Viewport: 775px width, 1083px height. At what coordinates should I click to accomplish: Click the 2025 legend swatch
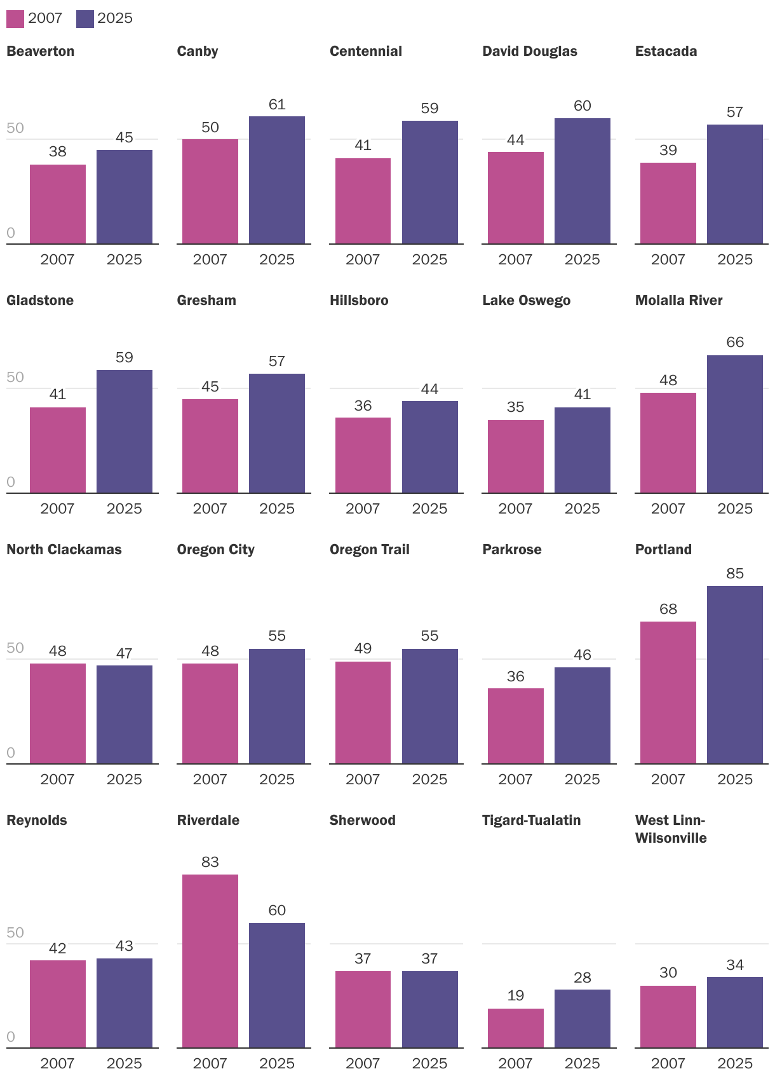pyautogui.click(x=84, y=18)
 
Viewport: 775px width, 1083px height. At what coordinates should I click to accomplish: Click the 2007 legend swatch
pyautogui.click(x=15, y=18)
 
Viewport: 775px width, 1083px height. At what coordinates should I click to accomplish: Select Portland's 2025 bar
pyautogui.click(x=734, y=674)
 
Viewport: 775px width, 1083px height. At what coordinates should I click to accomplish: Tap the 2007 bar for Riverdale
pyautogui.click(x=210, y=961)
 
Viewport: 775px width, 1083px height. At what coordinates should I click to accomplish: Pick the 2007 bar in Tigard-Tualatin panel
pyautogui.click(x=515, y=1028)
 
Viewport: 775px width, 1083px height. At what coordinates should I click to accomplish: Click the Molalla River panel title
pyautogui.click(x=678, y=300)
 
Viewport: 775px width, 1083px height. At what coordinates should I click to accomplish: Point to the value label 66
pyautogui.click(x=735, y=343)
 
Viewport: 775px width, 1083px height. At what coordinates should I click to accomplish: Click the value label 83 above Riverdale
pyautogui.click(x=210, y=862)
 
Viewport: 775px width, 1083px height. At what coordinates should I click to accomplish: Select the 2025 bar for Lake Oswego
pyautogui.click(x=582, y=450)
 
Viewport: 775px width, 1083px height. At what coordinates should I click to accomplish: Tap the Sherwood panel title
pyautogui.click(x=362, y=820)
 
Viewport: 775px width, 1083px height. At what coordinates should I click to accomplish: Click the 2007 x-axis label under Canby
pyautogui.click(x=210, y=259)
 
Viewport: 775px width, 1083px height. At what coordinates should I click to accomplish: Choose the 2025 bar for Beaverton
pyautogui.click(x=125, y=196)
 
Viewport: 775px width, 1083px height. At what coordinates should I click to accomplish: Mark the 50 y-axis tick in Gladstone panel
pyautogui.click(x=15, y=377)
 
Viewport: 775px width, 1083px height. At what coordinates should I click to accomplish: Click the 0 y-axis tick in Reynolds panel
pyautogui.click(x=11, y=1037)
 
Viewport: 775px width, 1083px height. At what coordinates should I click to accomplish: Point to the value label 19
pyautogui.click(x=515, y=995)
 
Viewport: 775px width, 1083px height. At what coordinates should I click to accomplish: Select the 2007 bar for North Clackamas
pyautogui.click(x=58, y=713)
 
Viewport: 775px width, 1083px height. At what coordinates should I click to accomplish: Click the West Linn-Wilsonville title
pyautogui.click(x=670, y=829)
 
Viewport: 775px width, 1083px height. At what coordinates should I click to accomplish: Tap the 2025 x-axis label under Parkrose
pyautogui.click(x=582, y=779)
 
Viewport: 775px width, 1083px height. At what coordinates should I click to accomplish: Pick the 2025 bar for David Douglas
pyautogui.click(x=582, y=180)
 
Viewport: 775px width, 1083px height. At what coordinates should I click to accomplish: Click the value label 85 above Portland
pyautogui.click(x=735, y=573)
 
